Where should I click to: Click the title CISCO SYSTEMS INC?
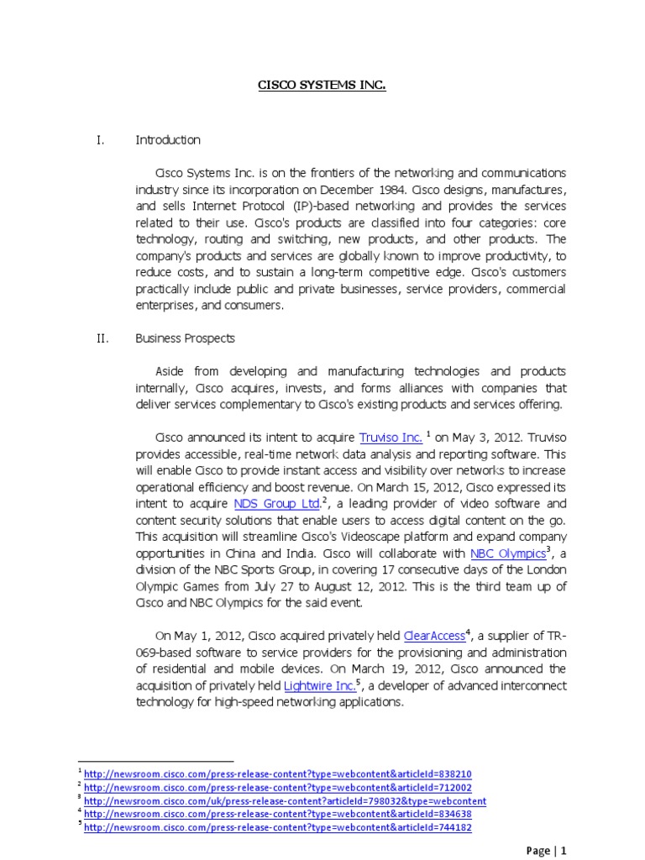322,85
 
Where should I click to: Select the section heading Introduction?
168,140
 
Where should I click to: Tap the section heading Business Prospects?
186,338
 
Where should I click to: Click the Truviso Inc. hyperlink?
391,438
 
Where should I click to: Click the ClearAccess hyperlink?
433,636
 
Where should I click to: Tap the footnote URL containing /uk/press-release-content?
285,800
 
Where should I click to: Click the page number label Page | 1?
546,851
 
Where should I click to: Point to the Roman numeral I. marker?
99,140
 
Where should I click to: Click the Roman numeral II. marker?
101,338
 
